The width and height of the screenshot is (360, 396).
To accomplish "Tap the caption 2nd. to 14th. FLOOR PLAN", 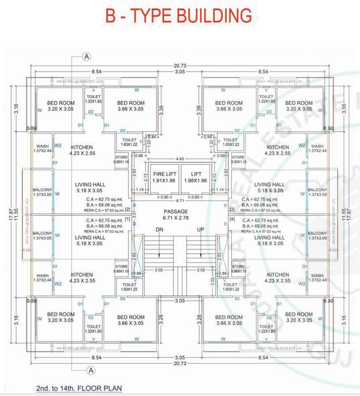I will point(79,388).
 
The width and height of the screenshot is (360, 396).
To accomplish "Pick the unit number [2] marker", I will point(128,209).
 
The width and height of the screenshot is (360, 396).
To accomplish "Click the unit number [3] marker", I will point(231,209).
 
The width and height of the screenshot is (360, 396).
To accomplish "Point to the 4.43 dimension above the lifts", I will point(180,158).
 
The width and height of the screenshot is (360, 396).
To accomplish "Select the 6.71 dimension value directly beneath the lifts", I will point(180,200).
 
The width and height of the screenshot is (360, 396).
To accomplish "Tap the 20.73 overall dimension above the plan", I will point(180,65).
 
